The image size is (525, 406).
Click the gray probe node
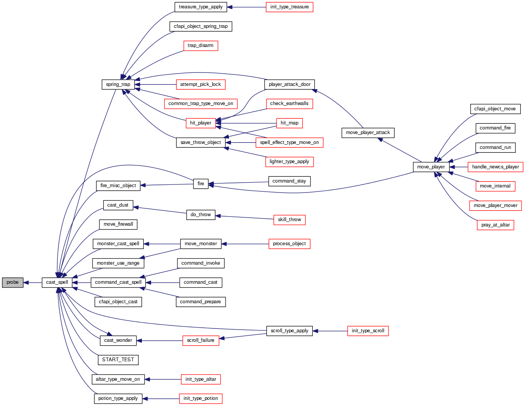13,283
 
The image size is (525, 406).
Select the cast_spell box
57,283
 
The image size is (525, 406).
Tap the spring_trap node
118,84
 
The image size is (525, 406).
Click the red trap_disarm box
200,46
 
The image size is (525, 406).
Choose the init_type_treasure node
289,7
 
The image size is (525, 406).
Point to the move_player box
431,167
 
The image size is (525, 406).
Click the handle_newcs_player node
495,167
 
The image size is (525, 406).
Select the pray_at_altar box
495,225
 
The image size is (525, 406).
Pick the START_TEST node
118,360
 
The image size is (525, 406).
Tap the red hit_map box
289,123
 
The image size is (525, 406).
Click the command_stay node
289,181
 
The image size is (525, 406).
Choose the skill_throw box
289,220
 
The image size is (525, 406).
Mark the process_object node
289,244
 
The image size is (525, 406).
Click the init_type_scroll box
368,331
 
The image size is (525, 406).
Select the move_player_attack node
368,133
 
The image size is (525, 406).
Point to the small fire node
201,184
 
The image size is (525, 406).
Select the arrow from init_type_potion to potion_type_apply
161,399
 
